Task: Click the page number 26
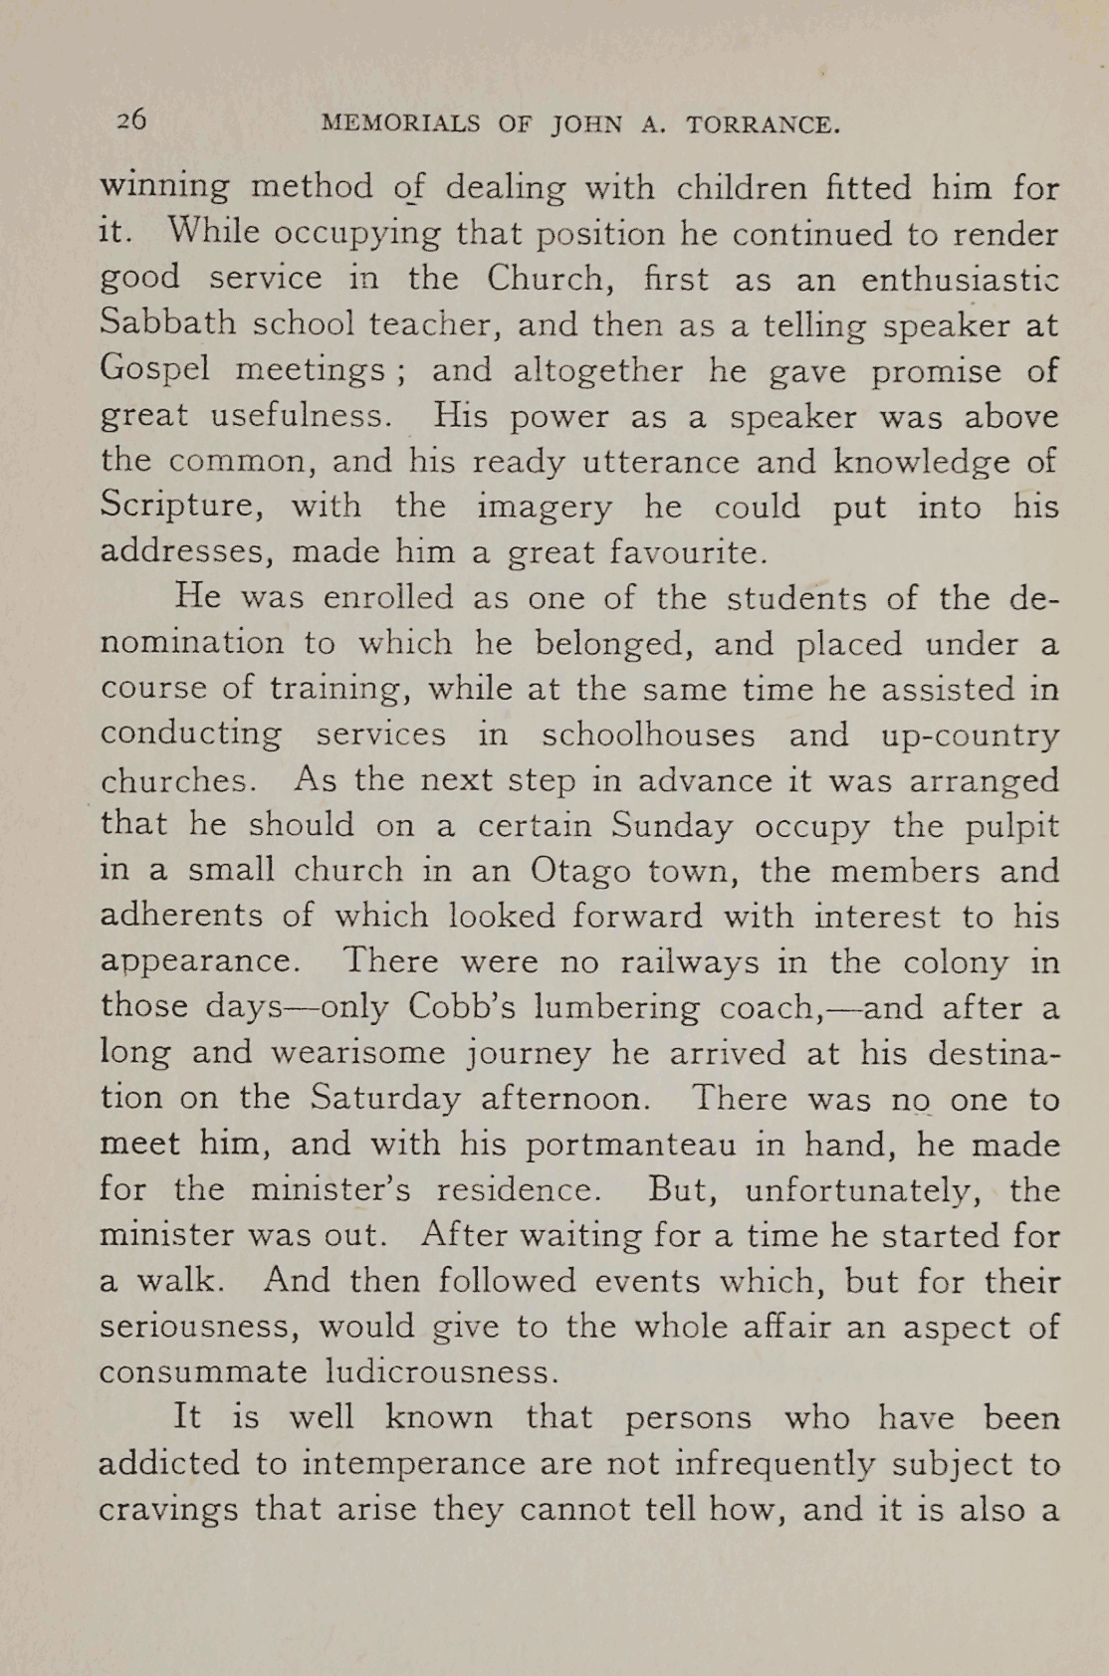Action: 131,120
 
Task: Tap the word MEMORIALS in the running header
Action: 401,124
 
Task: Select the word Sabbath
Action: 168,323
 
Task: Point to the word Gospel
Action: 155,370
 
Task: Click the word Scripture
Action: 181,507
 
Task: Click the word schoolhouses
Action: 648,734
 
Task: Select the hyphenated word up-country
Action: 970,735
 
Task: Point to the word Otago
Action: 580,871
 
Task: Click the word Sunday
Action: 672,826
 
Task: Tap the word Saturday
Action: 385,1098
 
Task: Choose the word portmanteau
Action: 631,1145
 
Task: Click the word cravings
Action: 168,1510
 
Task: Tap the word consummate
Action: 203,1372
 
